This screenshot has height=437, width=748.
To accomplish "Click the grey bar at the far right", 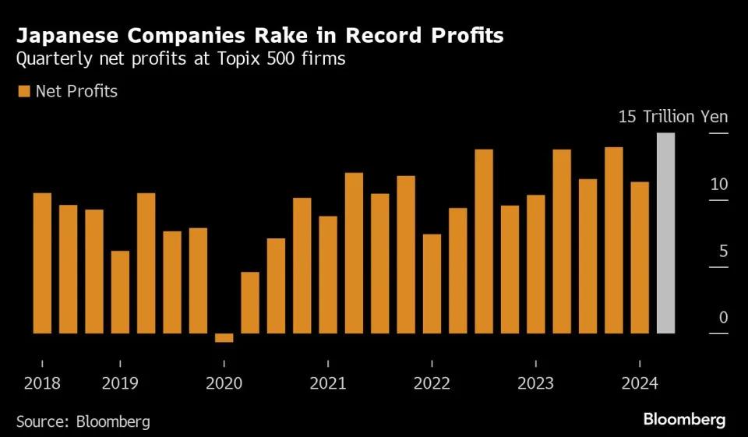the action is tap(665, 233).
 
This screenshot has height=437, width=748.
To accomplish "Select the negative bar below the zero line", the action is tap(224, 338).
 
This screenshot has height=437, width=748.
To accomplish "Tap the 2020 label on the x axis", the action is tap(224, 383).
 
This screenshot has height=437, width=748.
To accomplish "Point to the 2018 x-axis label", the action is tap(42, 383).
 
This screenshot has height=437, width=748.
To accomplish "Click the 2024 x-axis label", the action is tap(640, 383).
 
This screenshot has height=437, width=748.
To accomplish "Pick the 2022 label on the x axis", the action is tap(432, 383).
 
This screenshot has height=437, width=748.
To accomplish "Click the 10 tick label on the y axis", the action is tap(719, 184).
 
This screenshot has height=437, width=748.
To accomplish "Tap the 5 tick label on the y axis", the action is tap(724, 251).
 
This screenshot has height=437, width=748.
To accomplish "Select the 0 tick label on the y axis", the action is tap(724, 317).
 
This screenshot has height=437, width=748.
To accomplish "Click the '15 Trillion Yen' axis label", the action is tap(673, 117).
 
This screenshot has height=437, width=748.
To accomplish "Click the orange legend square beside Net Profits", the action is tap(24, 91).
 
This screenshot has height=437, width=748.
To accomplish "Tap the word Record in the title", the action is tap(383, 36).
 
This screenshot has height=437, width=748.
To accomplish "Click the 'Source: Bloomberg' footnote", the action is tap(83, 421).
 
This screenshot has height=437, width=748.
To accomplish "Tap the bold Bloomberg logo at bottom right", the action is tap(685, 420).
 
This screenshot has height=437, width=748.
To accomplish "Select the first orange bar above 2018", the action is tap(42, 263).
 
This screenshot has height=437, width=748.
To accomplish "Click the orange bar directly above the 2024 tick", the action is tap(640, 258).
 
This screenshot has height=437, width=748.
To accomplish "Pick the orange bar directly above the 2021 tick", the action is tap(328, 275).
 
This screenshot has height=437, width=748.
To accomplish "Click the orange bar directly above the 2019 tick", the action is tap(120, 292).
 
